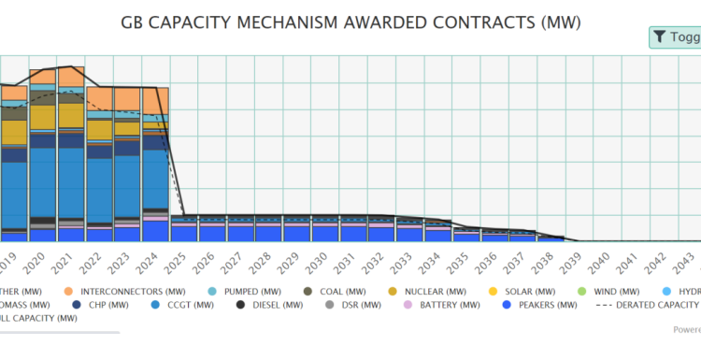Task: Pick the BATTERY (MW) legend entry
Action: pyautogui.click(x=436, y=304)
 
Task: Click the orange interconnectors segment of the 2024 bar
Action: pyautogui.click(x=154, y=101)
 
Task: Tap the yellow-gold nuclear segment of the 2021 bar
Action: pyautogui.click(x=71, y=114)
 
